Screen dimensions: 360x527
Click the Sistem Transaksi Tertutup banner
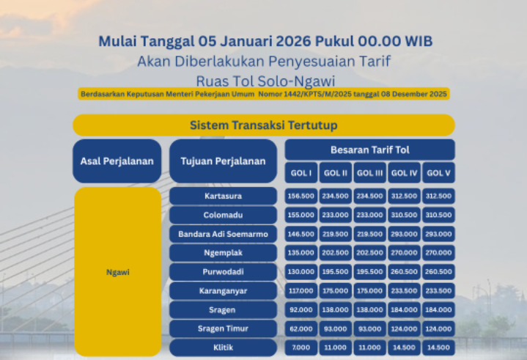pyautogui.click(x=263, y=125)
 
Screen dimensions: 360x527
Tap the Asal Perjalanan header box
pyautogui.click(x=117, y=161)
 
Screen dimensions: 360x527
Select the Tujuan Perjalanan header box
pyautogui.click(x=223, y=161)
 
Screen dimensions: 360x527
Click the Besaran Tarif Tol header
pyautogui.click(x=369, y=150)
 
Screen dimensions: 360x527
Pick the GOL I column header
pyautogui.click(x=301, y=172)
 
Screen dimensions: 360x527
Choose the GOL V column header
pyautogui.click(x=438, y=172)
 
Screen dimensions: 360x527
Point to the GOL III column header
pyautogui.click(x=369, y=172)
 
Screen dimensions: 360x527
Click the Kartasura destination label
pyautogui.click(x=223, y=196)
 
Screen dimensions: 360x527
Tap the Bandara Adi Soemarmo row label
pyautogui.click(x=223, y=235)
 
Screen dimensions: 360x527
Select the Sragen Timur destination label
pyautogui.click(x=223, y=329)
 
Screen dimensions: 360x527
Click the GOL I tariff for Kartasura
pyautogui.click(x=301, y=196)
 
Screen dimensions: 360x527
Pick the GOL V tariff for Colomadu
pyautogui.click(x=438, y=216)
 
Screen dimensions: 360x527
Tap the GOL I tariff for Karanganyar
pyautogui.click(x=301, y=291)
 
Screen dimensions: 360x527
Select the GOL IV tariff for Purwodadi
pyautogui.click(x=404, y=272)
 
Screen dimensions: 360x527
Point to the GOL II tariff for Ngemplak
pyautogui.click(x=335, y=253)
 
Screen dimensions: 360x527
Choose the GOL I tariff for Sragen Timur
pyautogui.click(x=301, y=329)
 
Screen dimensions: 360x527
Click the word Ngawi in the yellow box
pyautogui.click(x=117, y=272)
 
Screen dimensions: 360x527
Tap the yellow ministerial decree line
pyautogui.click(x=263, y=94)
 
